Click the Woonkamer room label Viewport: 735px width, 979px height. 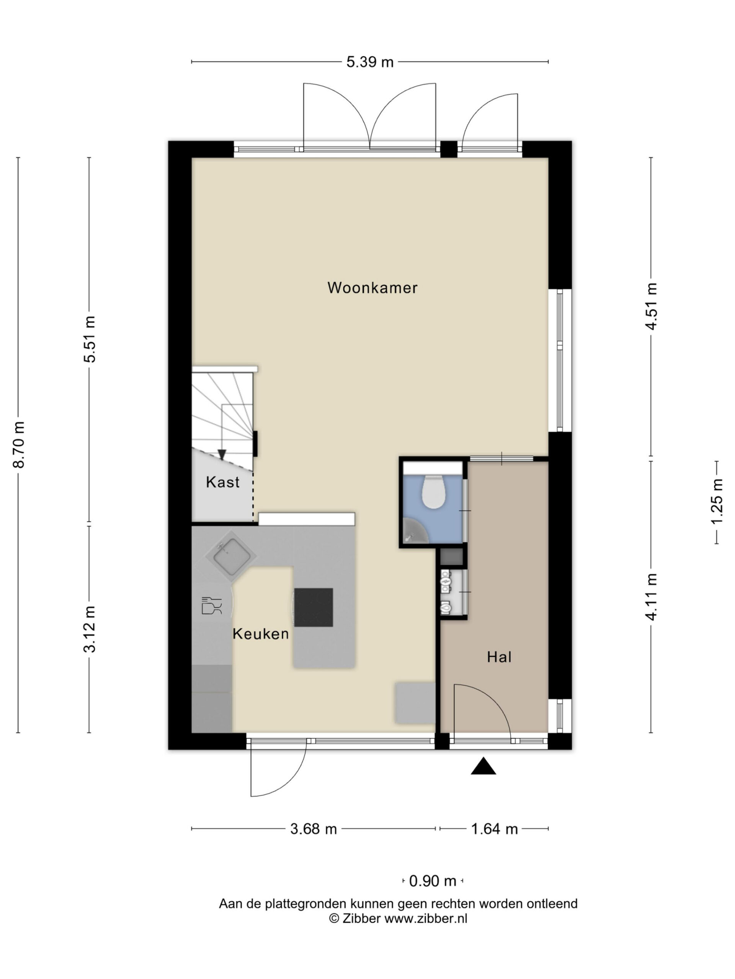[x=372, y=288]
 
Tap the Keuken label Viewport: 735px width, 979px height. [x=261, y=634]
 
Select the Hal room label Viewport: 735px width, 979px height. [x=499, y=657]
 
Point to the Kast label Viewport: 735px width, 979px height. [x=222, y=482]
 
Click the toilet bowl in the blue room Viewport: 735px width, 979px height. [x=433, y=491]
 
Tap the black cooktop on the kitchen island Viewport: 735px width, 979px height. [x=314, y=607]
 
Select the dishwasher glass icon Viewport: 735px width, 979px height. [x=211, y=605]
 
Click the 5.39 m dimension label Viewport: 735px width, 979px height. [x=370, y=62]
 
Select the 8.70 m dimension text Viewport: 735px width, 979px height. [x=19, y=445]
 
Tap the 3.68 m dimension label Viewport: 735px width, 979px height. [x=313, y=829]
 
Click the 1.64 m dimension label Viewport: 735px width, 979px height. [x=494, y=829]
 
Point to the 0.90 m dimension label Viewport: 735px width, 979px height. [x=433, y=881]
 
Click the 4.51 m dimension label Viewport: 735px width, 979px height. [x=651, y=306]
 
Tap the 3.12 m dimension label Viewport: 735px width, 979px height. [x=90, y=629]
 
